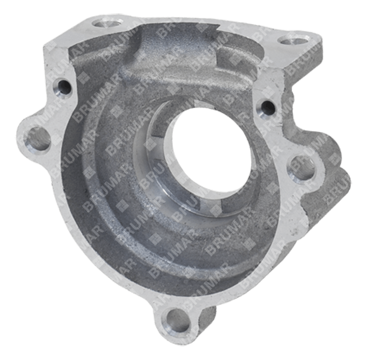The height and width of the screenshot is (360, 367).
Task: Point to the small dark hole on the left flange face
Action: (63, 88)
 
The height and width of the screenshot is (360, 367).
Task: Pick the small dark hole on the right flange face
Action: (267, 108)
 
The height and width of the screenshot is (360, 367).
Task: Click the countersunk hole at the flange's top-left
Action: (107, 24)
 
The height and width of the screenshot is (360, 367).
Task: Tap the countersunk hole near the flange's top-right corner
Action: (293, 40)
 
